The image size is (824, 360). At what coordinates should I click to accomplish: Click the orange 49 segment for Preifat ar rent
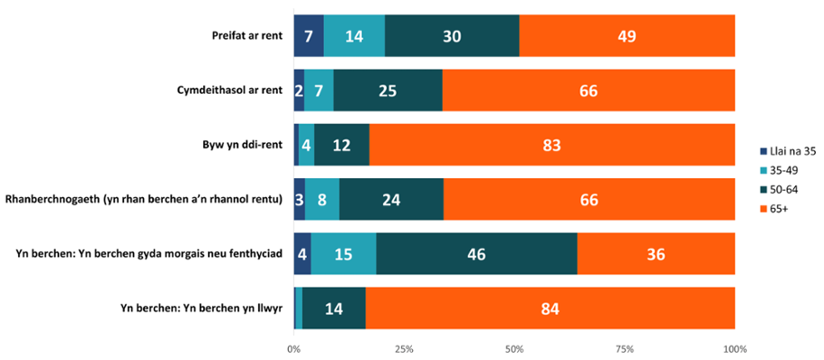tap(627, 37)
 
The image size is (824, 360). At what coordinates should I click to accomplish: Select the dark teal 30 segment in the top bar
tap(452, 37)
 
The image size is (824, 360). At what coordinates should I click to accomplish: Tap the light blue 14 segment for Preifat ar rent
tap(354, 37)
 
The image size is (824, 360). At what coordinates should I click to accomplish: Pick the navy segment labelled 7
tap(309, 37)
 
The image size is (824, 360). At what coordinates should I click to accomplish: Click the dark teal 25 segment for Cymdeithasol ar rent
tap(388, 91)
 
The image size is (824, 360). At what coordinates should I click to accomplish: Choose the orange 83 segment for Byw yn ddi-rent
tap(551, 145)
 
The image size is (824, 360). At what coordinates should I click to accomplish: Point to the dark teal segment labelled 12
tap(342, 145)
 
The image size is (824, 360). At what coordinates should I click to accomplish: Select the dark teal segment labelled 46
tap(477, 254)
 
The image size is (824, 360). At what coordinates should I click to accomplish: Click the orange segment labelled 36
tap(656, 254)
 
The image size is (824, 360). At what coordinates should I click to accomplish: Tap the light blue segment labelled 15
tap(344, 254)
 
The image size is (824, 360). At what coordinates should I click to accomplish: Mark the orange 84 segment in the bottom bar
tap(550, 309)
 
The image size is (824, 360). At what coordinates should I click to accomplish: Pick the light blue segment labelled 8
tap(322, 200)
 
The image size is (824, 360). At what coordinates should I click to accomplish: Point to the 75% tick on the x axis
tap(625, 348)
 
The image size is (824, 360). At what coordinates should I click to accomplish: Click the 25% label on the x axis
tap(404, 348)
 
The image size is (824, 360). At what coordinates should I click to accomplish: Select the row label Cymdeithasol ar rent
tap(229, 91)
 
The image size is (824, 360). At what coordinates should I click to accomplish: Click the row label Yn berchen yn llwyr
tap(202, 309)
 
